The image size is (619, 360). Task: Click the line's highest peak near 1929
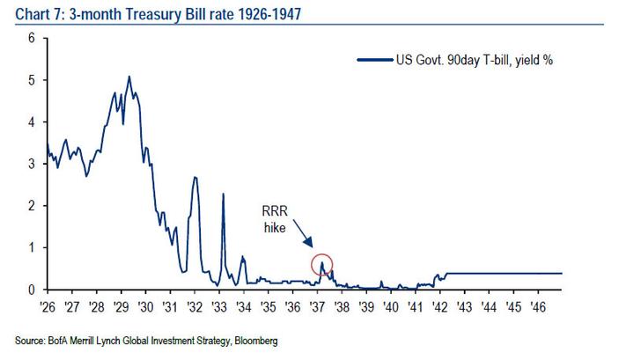click(x=129, y=77)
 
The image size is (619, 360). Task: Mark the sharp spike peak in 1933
click(x=223, y=194)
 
